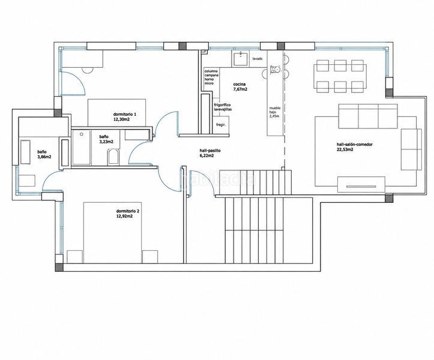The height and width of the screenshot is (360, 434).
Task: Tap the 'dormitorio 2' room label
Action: [128, 214]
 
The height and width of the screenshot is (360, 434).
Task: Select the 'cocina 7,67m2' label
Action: [240, 86]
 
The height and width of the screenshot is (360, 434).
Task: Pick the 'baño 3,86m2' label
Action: [44, 154]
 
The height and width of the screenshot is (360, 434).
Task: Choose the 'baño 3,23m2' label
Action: [106, 139]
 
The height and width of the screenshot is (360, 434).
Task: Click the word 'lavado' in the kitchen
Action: [258, 59]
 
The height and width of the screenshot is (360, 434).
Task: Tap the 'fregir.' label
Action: [221, 125]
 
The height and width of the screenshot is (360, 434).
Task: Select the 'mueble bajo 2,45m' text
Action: [275, 112]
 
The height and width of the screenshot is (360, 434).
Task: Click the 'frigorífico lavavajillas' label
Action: [223, 107]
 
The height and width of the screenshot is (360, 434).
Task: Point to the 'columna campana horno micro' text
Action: [211, 77]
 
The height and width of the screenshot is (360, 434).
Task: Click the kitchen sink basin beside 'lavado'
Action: [241, 59]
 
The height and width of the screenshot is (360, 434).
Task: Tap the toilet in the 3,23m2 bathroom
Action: [113, 157]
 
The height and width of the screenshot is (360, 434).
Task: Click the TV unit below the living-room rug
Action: [361, 185]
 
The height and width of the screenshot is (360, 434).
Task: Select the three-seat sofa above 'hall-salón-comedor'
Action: [368, 116]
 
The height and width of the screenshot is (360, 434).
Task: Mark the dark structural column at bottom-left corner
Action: [59, 268]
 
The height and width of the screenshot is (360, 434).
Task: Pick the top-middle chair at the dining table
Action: [340, 65]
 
